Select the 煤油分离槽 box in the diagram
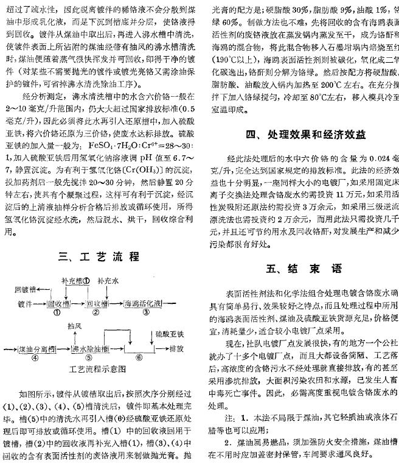tap(35, 349)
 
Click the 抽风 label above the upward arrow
tap(75, 326)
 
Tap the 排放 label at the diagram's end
tap(177, 349)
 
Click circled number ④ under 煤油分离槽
tap(35, 358)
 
